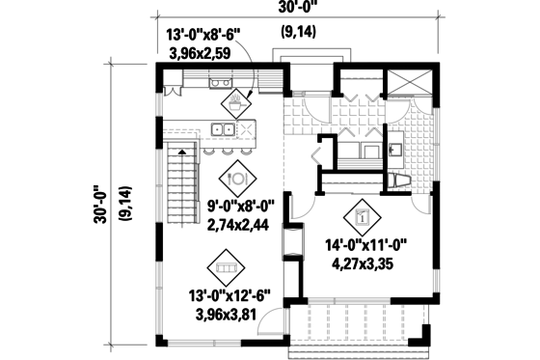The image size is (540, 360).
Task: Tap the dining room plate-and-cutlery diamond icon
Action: [236, 178]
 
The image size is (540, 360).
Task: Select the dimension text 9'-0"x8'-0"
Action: [240, 207]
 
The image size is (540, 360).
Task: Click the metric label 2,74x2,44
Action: [240, 224]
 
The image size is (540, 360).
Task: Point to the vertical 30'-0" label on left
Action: [98, 204]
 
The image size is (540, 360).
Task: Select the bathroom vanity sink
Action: [395, 150]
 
